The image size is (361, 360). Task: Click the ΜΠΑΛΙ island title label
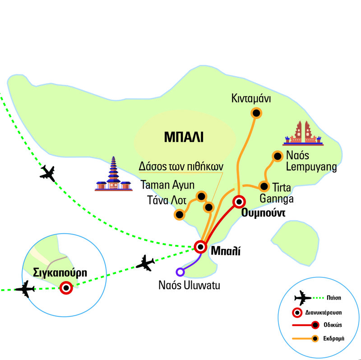[184, 137]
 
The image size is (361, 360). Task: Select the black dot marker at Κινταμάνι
[256, 114]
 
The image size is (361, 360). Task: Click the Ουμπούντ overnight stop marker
[238, 202]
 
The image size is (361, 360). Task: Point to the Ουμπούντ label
[264, 214]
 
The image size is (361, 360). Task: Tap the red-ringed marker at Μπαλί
[200, 247]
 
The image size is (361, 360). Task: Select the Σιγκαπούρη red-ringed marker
[67, 287]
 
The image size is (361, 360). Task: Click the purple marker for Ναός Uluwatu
[180, 272]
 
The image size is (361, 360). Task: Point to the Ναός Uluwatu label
[190, 285]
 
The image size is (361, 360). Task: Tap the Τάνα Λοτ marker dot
[180, 215]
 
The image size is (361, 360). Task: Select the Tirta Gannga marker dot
[263, 186]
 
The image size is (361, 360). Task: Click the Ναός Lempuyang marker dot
[277, 157]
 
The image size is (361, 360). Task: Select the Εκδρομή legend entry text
[335, 338]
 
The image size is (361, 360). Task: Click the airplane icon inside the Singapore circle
[25, 289]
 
